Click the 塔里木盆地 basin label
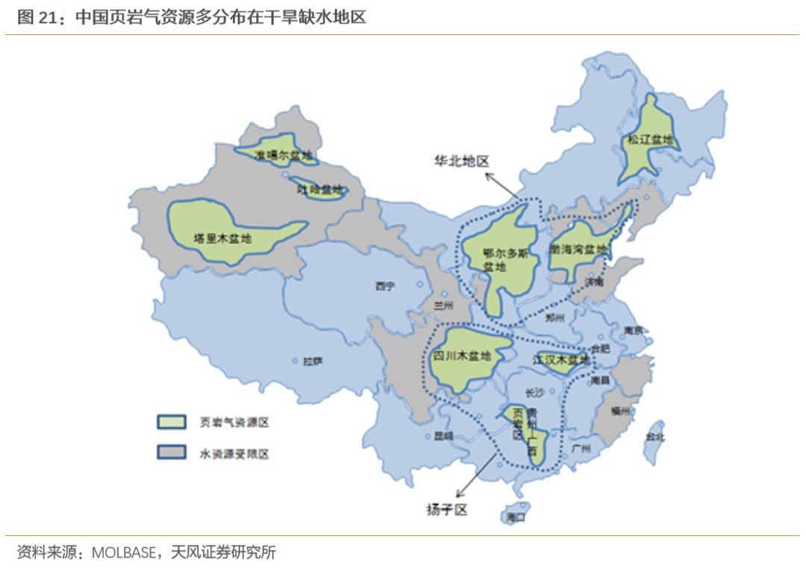point(222,239)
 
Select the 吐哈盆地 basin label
point(319,190)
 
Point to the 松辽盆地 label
point(649,139)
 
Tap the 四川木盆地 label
point(463,356)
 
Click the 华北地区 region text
point(462,161)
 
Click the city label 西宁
point(385,285)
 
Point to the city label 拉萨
point(312,362)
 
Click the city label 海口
point(515,516)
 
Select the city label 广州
point(580,449)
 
